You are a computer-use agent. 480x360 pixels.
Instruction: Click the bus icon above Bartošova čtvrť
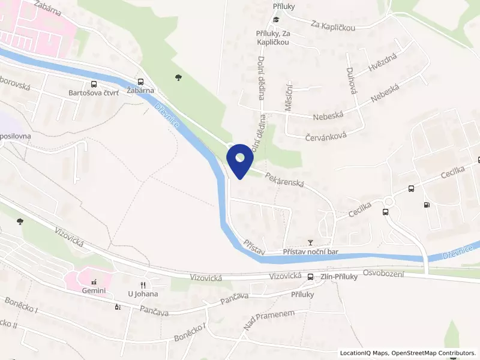coord(93,84)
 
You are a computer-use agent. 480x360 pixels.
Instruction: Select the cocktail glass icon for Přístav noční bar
coord(310,242)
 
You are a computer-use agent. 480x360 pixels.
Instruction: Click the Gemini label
coord(94,291)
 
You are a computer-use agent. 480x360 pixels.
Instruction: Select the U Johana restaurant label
coord(142,293)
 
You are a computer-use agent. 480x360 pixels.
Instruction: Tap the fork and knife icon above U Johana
coord(143,284)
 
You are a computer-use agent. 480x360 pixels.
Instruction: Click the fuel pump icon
coord(427,205)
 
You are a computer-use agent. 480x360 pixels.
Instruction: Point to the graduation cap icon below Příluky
coord(275,20)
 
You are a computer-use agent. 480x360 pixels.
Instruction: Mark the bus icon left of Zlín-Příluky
coord(310,277)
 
